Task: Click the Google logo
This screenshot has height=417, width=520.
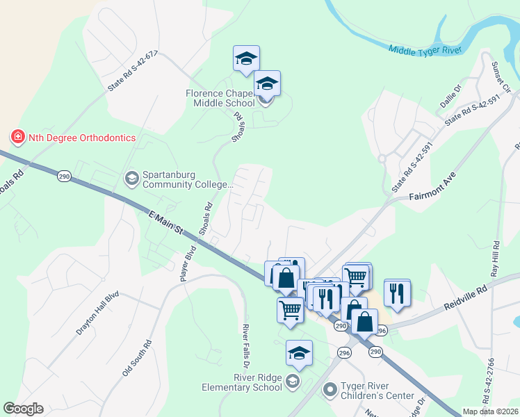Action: pos(23,409)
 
